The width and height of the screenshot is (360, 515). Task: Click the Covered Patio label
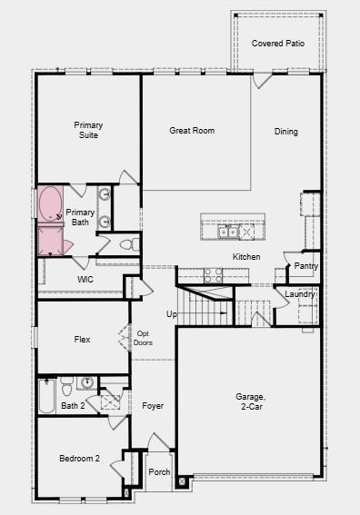pos(277,43)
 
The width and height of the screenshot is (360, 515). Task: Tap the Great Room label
pos(192,131)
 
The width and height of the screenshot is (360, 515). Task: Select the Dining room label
pos(286,132)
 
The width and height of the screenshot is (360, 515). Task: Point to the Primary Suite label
pos(88,130)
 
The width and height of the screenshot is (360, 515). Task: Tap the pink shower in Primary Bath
pos(49,241)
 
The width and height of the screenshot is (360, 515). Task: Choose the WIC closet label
pos(85,280)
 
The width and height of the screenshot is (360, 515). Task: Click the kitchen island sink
pos(228,233)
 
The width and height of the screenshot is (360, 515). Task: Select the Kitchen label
pos(246,257)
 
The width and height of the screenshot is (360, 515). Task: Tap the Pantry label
pos(306,266)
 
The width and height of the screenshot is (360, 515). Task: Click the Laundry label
pos(300,294)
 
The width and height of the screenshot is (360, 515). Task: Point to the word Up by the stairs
pos(171,314)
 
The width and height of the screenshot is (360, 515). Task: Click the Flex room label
pos(82,340)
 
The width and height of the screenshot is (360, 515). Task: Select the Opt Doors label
pos(144,338)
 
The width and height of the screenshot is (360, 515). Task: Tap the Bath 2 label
pos(73,406)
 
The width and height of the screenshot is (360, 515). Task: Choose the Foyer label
pos(153,406)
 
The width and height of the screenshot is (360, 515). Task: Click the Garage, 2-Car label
pos(250,401)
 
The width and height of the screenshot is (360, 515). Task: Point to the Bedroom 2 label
pos(79,459)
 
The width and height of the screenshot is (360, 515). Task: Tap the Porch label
pos(159,471)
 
